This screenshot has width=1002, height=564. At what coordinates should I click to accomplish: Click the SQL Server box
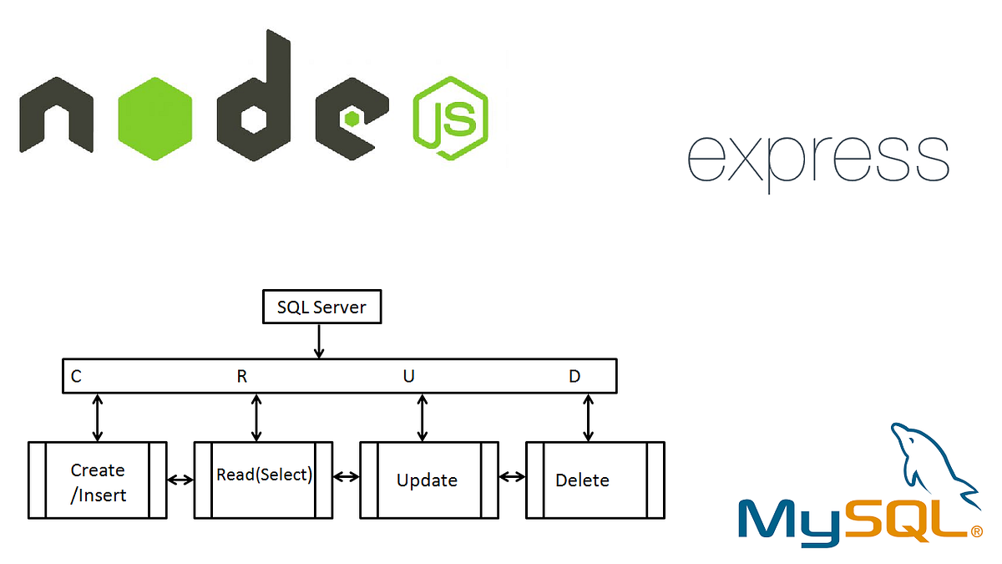tap(321, 307)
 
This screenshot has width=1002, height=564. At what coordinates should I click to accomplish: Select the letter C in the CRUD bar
tap(76, 377)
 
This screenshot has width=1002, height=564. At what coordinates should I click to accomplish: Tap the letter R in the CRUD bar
tap(242, 377)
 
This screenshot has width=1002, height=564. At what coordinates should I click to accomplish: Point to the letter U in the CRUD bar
tap(408, 377)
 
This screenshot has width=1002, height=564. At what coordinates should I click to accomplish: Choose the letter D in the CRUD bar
tap(574, 377)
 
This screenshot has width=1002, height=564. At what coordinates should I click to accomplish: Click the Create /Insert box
tap(98, 481)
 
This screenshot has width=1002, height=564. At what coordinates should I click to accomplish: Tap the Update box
tap(428, 480)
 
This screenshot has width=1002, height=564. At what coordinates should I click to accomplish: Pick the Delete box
tap(594, 480)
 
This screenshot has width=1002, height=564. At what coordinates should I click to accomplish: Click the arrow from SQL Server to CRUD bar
tap(317, 342)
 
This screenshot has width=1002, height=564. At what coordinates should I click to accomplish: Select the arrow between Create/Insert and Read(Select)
tap(180, 480)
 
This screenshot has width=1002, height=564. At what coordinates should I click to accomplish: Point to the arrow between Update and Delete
tap(512, 477)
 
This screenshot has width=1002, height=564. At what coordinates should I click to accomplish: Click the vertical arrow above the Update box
tap(423, 418)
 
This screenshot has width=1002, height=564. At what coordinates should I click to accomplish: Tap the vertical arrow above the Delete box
tap(589, 418)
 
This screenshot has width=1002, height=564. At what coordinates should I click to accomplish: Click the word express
tap(817, 159)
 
